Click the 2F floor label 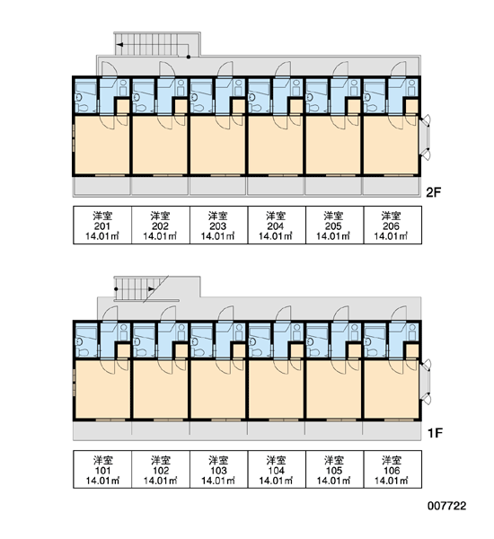pos(433,192)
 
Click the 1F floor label pos(434,433)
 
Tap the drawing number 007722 pos(447,506)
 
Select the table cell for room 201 pos(102,225)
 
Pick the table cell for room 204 pos(277,225)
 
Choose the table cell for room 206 pos(393,225)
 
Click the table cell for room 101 pos(102,469)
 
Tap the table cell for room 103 pos(218,469)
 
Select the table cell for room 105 pos(334,469)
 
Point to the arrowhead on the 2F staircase pos(119,45)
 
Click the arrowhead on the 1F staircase pos(152,289)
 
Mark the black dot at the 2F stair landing pos(189,57)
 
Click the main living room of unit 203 pos(217,145)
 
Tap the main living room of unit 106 pos(392,389)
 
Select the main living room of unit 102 pos(160,389)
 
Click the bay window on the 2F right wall pos(425,137)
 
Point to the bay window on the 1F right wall pos(425,381)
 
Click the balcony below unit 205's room pos(333,186)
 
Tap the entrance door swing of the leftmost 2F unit pos(110,69)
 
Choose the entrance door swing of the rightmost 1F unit pos(399,314)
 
